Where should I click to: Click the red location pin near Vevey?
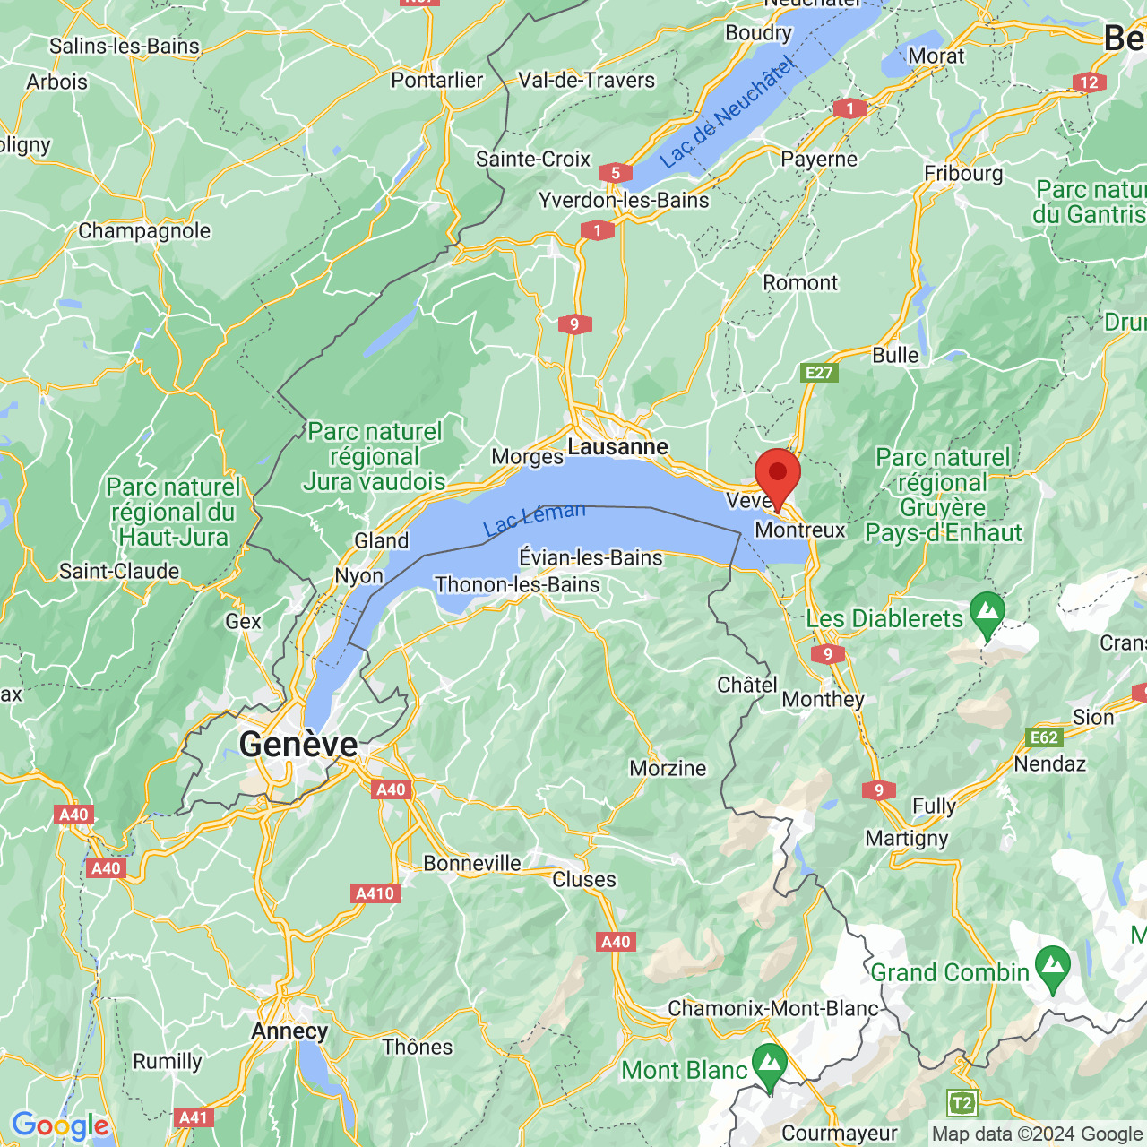777,475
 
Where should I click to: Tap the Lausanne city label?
617,446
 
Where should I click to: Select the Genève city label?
298,744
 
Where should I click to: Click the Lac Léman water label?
534,519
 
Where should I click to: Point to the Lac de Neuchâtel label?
727,112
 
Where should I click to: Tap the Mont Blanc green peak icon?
769,1064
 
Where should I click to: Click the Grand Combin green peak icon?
1052,966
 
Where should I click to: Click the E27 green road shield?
819,373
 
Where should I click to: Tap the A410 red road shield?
375,893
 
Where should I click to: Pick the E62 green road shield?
1044,737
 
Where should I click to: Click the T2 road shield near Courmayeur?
962,1102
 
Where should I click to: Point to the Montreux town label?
799,530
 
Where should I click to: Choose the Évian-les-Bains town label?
591,557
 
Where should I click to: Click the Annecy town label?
289,1031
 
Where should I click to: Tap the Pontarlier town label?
436,80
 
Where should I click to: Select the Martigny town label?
906,839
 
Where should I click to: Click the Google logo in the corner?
60,1125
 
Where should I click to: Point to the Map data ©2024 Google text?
1037,1134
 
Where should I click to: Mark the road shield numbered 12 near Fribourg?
1089,82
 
